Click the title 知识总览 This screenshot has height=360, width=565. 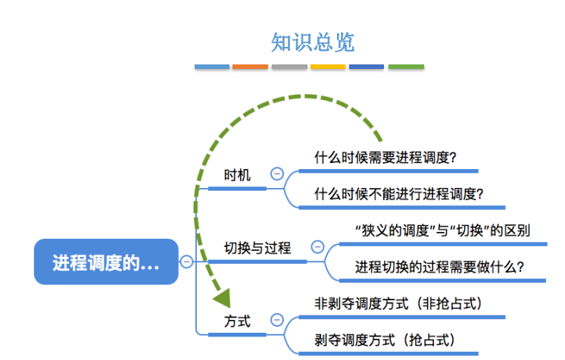point(313,42)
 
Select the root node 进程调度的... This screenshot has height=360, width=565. point(106,262)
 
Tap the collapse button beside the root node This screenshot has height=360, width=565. point(186,261)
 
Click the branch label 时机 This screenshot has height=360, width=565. point(237,175)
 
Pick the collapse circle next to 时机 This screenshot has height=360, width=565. point(277,174)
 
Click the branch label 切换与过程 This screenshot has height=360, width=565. point(258,248)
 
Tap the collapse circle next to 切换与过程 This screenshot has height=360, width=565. point(317,247)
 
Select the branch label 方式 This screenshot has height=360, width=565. point(237,321)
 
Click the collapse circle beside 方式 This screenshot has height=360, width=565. point(277,320)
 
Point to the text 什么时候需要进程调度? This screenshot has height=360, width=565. point(386,158)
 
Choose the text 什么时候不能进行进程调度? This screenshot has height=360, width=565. point(398,194)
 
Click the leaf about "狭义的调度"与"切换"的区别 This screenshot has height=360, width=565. point(442,230)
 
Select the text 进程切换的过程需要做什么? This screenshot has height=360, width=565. point(439,267)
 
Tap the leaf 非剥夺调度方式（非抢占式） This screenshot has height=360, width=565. point(398,304)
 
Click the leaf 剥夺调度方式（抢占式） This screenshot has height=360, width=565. point(385,340)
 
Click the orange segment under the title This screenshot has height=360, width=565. point(250,67)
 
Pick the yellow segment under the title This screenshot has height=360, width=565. point(328,67)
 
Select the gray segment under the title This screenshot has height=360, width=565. point(289,67)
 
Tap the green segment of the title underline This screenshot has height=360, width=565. point(406,67)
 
